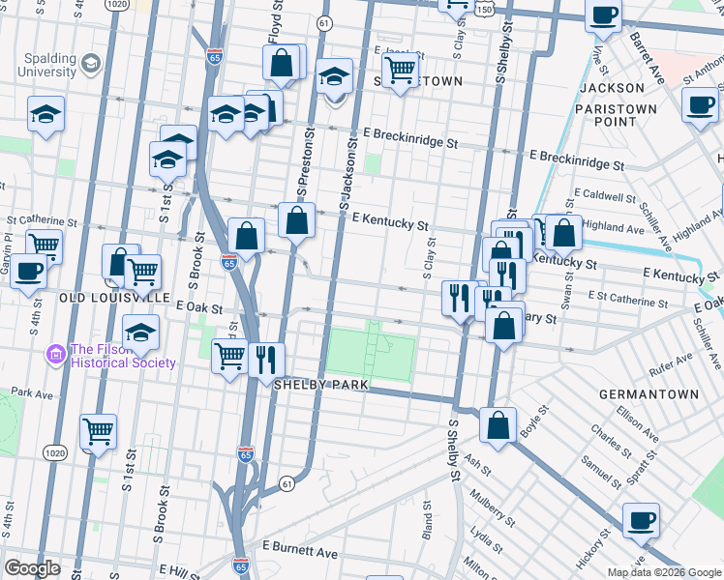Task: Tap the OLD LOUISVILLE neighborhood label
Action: (x=115, y=297)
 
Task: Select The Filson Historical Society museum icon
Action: (x=56, y=356)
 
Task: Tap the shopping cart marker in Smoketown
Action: (x=400, y=69)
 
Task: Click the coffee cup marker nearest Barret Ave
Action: (x=605, y=15)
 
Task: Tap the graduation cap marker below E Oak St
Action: (x=141, y=333)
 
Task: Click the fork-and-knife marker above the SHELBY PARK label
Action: (x=266, y=359)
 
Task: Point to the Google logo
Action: (x=33, y=568)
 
